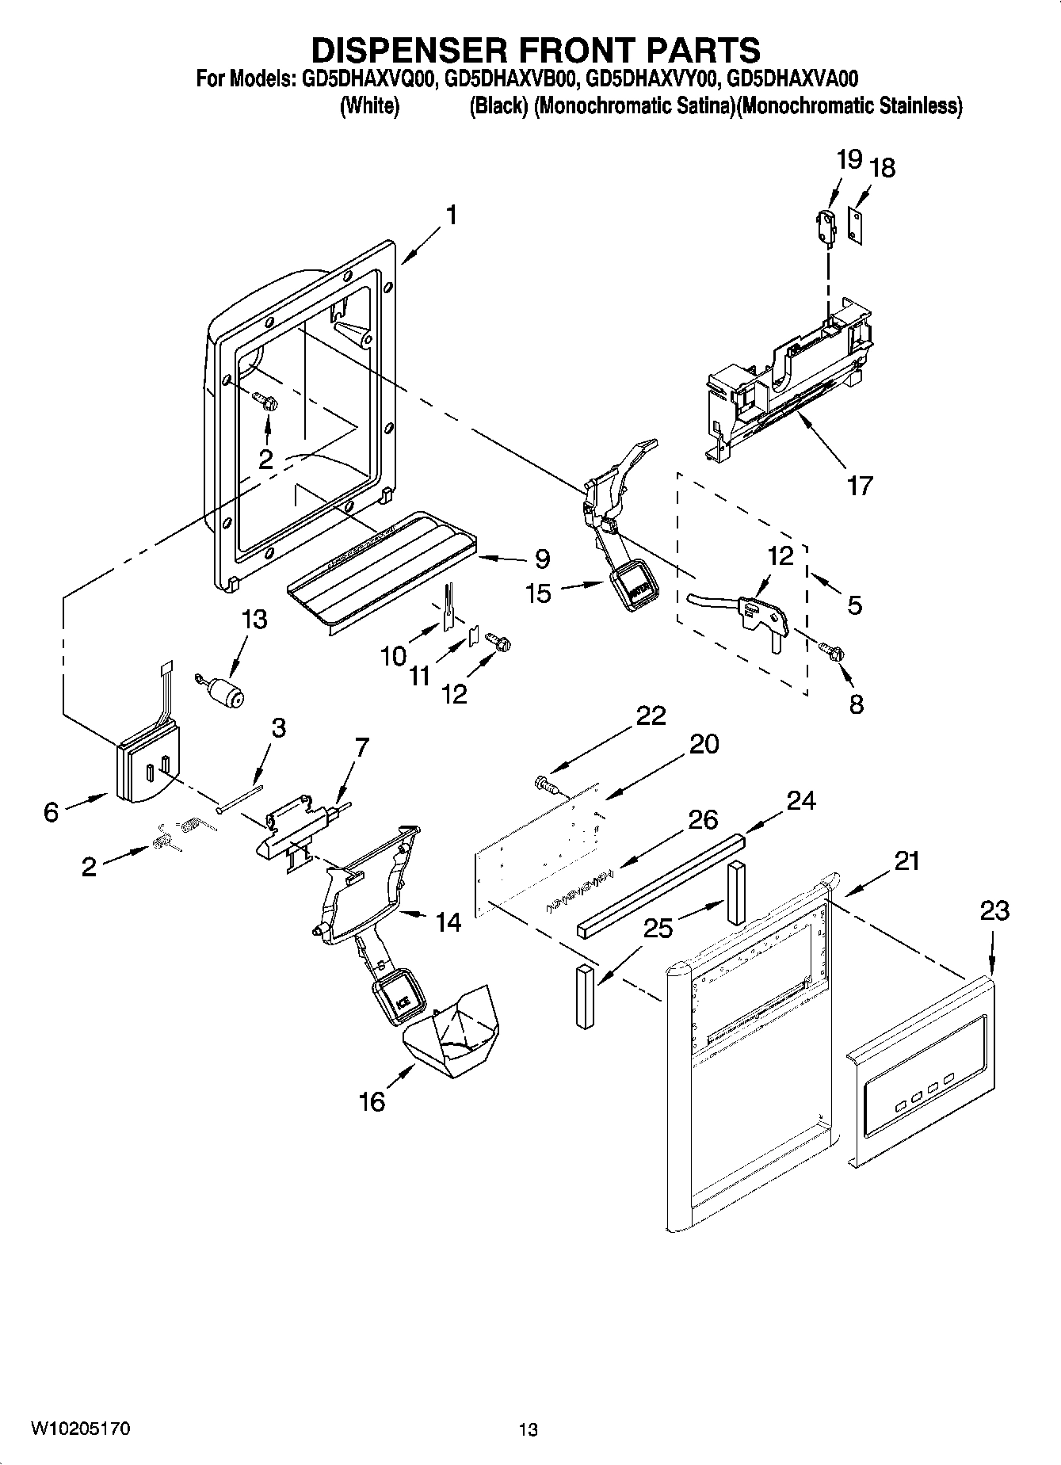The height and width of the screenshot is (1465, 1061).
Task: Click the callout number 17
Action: (860, 485)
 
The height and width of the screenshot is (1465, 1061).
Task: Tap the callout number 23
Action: (994, 911)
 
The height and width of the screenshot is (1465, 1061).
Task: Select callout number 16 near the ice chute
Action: (372, 1101)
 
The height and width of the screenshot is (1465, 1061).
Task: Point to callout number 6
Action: (52, 812)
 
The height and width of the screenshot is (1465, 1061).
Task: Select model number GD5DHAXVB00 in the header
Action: (510, 79)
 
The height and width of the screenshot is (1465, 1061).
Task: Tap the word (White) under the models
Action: (369, 106)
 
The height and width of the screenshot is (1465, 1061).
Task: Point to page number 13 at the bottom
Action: (529, 1429)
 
